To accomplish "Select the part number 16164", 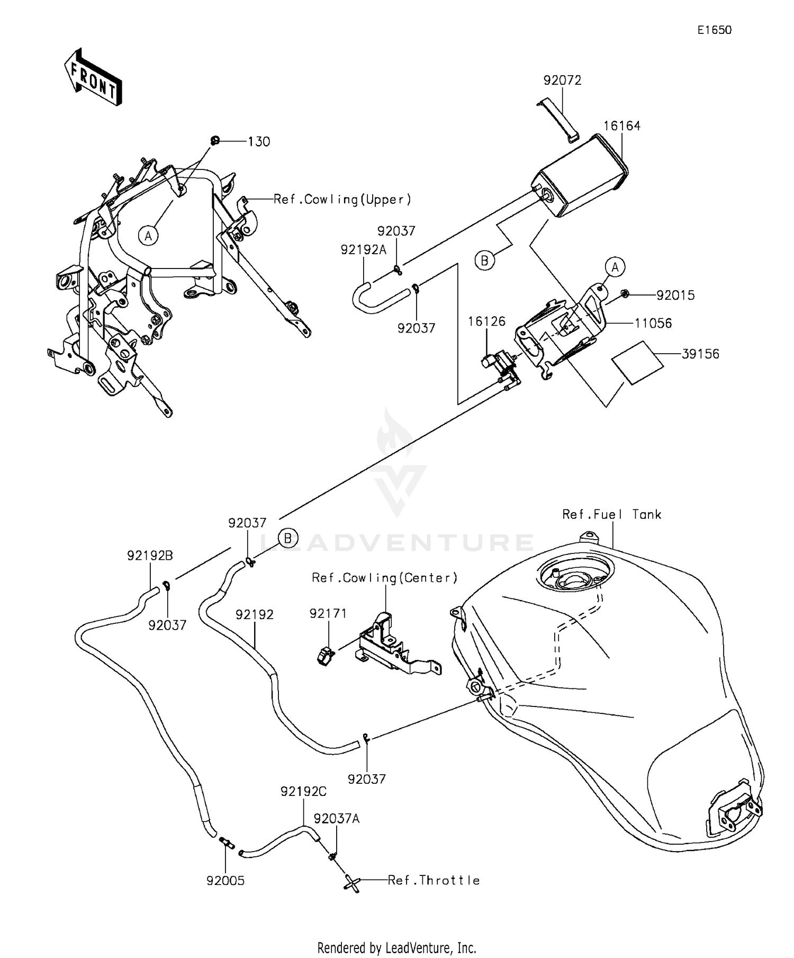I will pos(622,126).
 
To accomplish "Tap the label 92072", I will pos(562,80).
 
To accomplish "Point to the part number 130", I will pos(259,142).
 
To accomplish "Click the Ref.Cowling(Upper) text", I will pos(342,200).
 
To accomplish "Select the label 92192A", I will pos(364,249).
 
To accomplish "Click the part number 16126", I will pos(486,321).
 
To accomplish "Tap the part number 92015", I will pos(675,296).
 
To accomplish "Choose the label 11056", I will pos(653,323).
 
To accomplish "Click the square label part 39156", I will pos(637,363).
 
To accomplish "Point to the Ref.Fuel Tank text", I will pos(611,514).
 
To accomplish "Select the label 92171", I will pos(328,613).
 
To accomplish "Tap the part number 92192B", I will pos(150,556).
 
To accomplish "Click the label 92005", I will pos(225,881).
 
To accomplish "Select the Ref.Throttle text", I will pos(434,880).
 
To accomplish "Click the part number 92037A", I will pos(336,819).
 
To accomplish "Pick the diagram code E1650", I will pos(714,30).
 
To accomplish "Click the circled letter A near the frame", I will pos(149,236).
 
